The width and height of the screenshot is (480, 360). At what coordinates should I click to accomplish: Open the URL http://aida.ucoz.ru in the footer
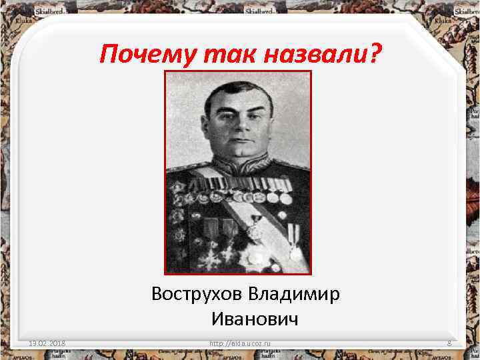243,344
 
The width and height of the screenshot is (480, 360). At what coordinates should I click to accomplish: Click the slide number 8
449,344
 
